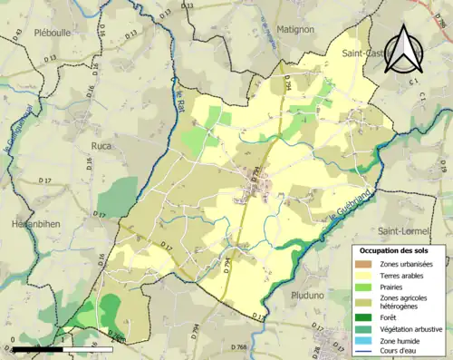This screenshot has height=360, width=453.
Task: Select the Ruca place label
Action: point(101,144)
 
